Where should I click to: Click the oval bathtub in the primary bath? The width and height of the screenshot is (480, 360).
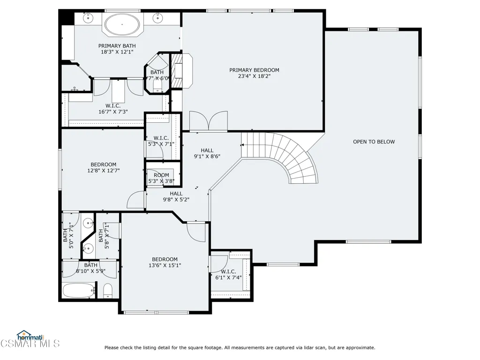[x=122, y=24]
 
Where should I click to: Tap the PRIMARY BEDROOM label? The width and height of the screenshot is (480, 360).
[x=254, y=70]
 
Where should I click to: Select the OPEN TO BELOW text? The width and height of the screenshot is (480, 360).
[x=374, y=142]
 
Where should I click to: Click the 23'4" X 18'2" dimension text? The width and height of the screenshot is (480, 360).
[x=254, y=76]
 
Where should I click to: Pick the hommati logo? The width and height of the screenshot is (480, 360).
[x=30, y=336]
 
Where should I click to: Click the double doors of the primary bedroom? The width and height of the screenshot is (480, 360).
[x=209, y=121]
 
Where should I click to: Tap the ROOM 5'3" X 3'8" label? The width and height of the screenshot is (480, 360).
[x=161, y=178]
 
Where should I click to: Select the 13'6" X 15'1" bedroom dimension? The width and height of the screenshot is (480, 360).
[x=165, y=265]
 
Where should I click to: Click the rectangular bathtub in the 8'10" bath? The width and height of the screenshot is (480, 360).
[x=79, y=291]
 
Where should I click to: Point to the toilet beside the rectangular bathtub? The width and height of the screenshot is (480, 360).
[x=108, y=291]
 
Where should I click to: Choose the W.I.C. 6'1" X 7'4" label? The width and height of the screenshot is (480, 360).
[x=228, y=275]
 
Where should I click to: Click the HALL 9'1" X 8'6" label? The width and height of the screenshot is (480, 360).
[x=207, y=153]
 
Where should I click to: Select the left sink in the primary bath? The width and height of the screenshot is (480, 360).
[x=88, y=18]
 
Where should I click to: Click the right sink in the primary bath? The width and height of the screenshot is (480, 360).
[x=157, y=18]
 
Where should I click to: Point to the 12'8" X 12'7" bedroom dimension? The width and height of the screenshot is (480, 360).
[x=104, y=171]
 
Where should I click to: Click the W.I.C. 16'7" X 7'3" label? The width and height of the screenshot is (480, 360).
[x=113, y=109]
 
